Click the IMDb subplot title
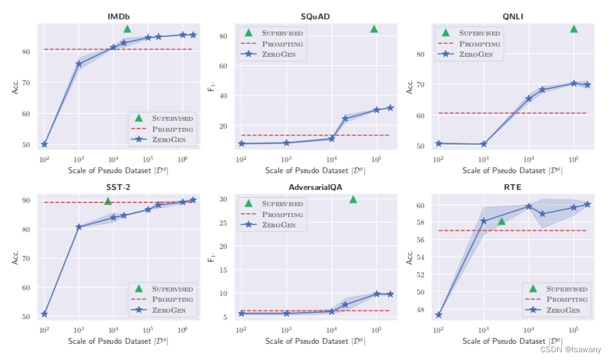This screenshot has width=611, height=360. [x=118, y=16]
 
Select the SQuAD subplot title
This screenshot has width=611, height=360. [x=316, y=16]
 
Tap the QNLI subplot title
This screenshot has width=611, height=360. [x=511, y=16]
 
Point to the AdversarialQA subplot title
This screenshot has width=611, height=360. [x=316, y=187]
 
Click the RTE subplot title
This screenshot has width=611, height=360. [x=511, y=187]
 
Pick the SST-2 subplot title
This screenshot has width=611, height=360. [x=118, y=187]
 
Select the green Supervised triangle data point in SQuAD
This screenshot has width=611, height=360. [x=374, y=29]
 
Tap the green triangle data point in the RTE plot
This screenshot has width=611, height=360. [x=501, y=222]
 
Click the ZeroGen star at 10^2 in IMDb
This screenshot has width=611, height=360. [x=45, y=144]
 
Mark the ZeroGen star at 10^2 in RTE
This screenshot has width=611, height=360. [x=438, y=315]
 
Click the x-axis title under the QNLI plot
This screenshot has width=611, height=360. [x=511, y=171]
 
